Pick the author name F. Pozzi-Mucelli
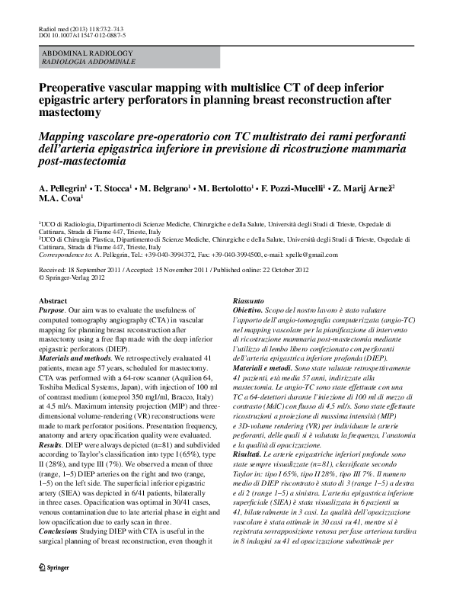[x=293, y=187]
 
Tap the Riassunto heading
[x=249, y=302]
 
